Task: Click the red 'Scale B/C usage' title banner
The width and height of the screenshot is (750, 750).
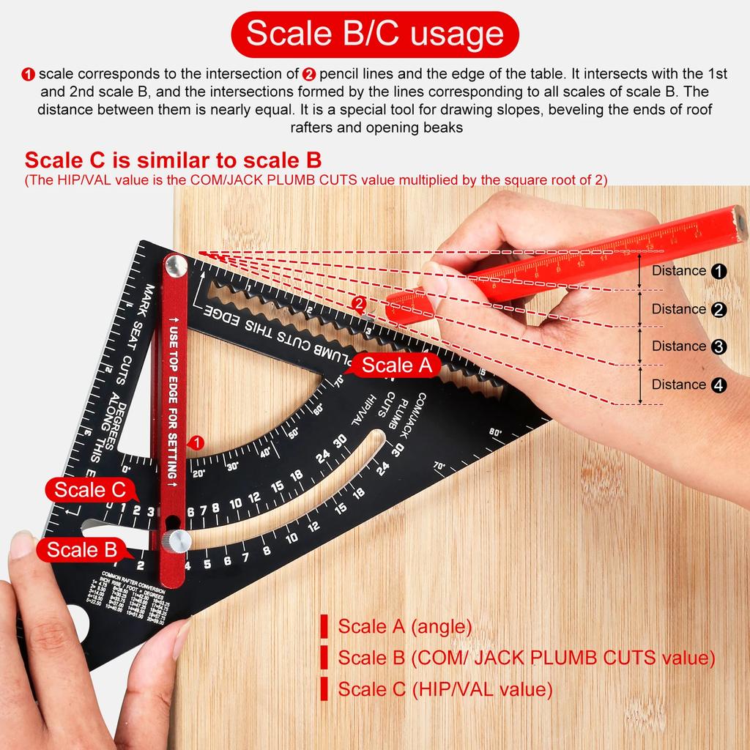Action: coord(374,34)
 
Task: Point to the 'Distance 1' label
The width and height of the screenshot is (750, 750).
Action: coord(688,271)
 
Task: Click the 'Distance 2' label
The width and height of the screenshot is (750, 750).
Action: coord(688,309)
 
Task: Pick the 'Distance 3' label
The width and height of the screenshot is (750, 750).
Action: coord(688,346)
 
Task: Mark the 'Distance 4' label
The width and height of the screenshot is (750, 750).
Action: coord(688,385)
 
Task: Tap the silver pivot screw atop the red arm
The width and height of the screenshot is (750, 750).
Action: coord(176,265)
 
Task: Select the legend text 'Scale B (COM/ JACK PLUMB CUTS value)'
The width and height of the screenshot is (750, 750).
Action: coord(525,658)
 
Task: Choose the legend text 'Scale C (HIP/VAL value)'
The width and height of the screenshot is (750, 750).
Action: coord(445,689)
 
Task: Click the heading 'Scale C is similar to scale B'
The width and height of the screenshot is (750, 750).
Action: coord(173,160)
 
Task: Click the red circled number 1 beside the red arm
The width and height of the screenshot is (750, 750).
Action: coord(196,442)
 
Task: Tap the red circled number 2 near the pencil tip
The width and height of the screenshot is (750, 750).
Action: coord(359,302)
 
